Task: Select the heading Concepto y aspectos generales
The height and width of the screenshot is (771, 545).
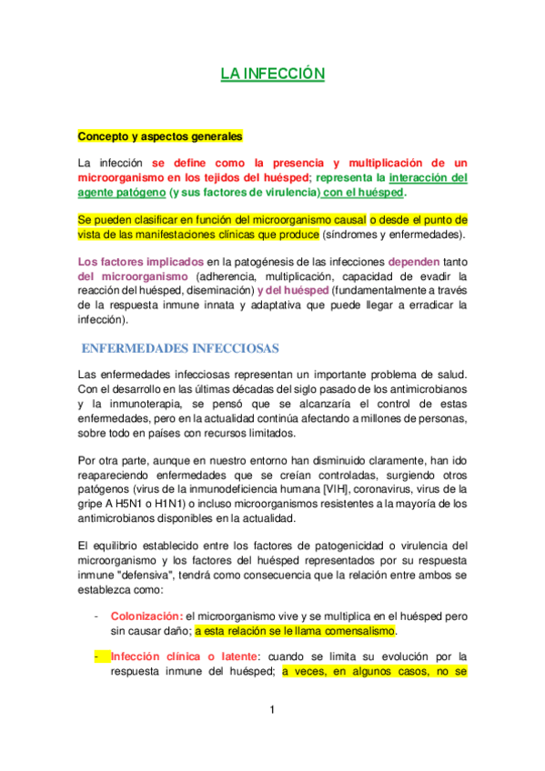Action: [x=160, y=137]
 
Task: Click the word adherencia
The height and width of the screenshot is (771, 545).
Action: [x=228, y=275]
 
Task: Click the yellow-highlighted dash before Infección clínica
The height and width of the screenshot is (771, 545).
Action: [x=96, y=656]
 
